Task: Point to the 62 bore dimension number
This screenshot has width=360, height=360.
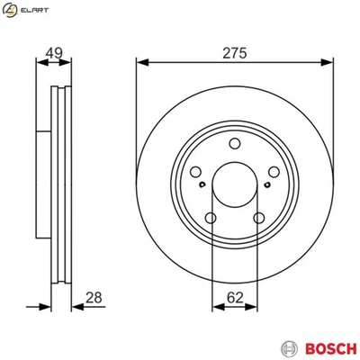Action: (234, 298)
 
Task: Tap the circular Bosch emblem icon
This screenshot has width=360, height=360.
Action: (288, 347)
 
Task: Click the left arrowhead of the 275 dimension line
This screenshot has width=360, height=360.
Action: (140, 62)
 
